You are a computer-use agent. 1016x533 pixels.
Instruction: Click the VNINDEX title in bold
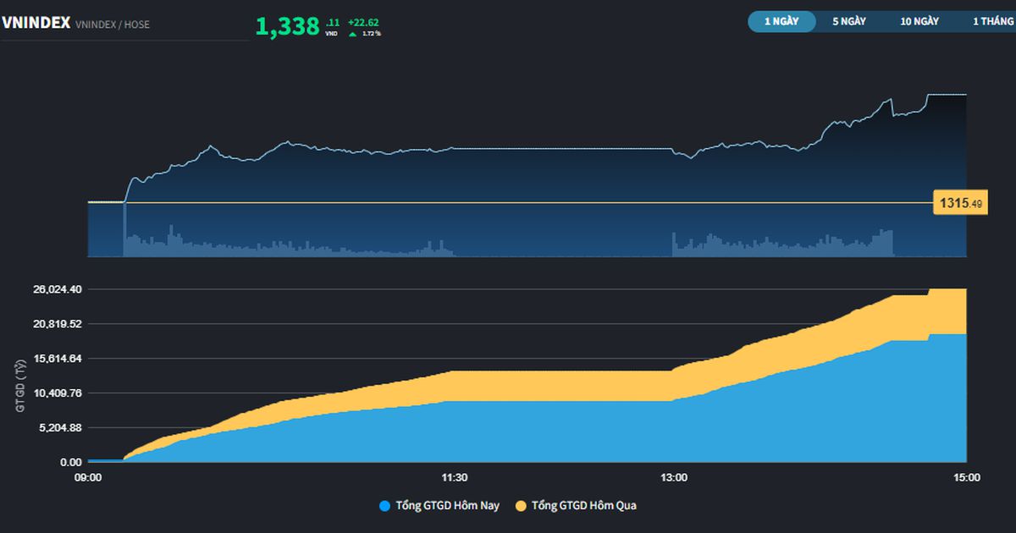36,23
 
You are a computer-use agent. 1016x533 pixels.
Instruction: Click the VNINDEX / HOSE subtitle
113,25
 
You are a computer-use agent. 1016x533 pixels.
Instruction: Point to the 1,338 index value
288,26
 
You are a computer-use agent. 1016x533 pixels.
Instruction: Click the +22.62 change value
363,22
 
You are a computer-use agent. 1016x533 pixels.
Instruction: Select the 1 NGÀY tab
781,21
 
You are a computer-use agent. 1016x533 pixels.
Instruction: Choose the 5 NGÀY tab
849,21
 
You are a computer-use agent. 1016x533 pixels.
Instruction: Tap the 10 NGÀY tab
919,21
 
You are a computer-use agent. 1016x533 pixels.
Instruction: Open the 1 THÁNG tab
993,21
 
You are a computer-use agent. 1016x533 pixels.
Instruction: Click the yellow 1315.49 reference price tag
960,202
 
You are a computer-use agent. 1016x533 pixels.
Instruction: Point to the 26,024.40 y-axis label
58,289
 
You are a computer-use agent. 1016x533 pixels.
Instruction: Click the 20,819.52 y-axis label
58,323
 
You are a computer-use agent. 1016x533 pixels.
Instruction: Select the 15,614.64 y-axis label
58,359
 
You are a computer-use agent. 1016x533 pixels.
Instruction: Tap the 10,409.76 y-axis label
58,393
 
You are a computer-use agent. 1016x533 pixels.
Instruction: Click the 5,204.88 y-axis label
60,428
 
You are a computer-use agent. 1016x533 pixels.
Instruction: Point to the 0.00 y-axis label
71,462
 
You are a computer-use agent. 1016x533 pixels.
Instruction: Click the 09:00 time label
88,478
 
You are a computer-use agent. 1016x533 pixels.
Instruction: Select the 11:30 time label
455,478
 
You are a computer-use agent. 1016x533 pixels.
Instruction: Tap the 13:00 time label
674,478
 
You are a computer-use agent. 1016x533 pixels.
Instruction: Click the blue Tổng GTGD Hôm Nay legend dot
384,506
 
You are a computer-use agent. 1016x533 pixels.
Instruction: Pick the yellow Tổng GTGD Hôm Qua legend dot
522,506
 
